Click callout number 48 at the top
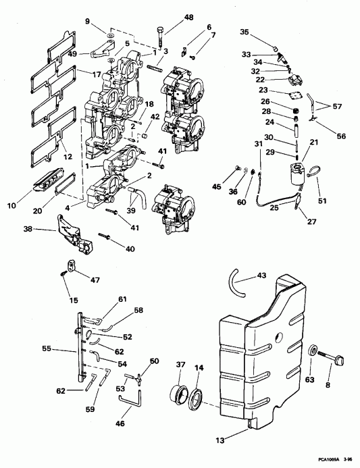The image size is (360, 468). pyautogui.click(x=170, y=17)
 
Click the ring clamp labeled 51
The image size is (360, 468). pyautogui.click(x=313, y=177)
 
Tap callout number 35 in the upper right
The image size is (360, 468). pyautogui.click(x=244, y=32)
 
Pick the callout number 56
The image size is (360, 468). pyautogui.click(x=341, y=136)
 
